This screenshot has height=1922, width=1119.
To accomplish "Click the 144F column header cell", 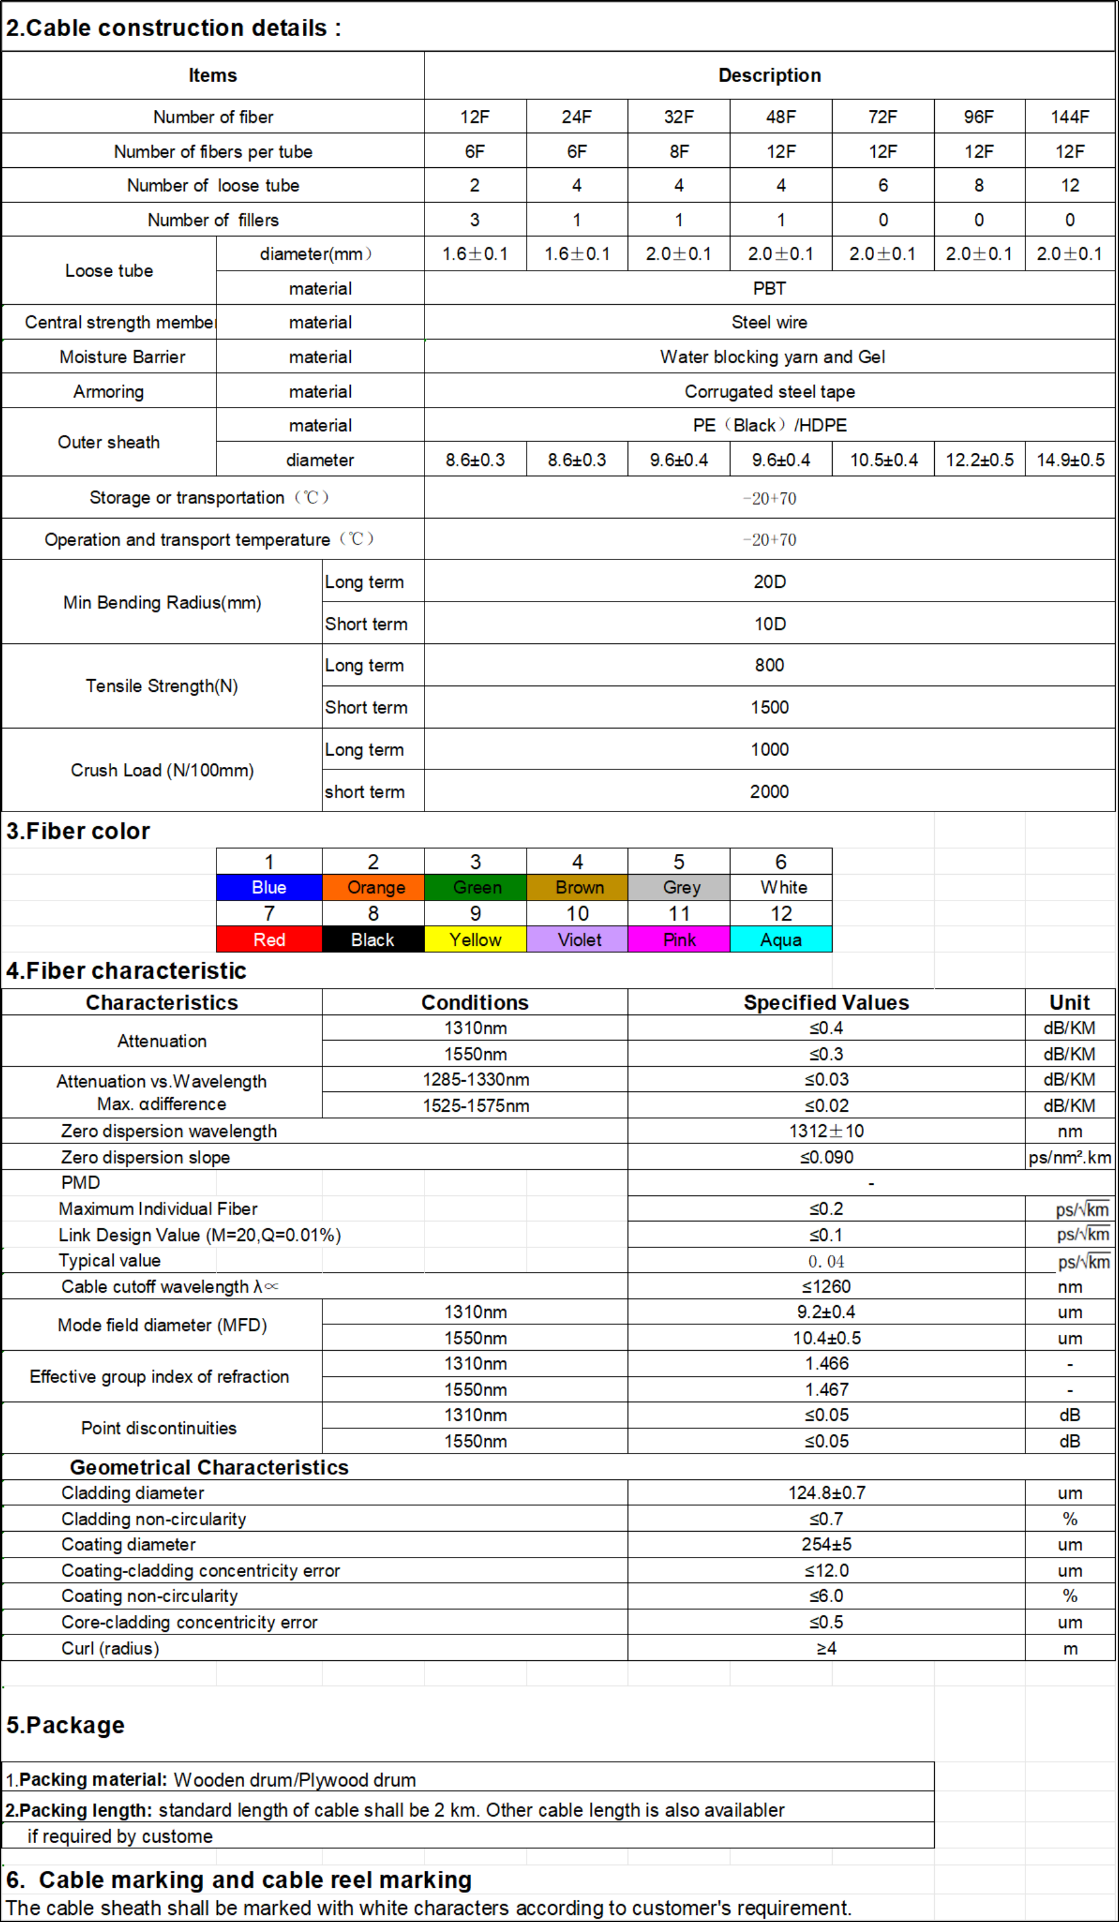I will (1069, 117).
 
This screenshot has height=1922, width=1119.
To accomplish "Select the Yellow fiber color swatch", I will (476, 939).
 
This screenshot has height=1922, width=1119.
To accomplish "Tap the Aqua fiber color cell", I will (780, 939).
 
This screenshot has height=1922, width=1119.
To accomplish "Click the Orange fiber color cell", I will (373, 888).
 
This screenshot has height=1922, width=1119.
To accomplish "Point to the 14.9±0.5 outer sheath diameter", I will (1069, 460).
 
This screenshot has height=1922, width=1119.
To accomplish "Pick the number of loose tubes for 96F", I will (979, 185).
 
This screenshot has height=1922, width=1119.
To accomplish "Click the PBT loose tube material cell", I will (769, 288).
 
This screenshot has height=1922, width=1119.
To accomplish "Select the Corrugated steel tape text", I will (769, 392).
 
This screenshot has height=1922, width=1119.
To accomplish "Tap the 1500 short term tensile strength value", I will (769, 707).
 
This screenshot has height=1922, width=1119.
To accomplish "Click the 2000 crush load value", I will (769, 791).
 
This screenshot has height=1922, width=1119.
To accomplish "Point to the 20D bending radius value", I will (769, 582).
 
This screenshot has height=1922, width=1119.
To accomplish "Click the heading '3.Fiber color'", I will (78, 831).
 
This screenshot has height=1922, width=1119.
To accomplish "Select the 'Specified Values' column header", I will (826, 1002).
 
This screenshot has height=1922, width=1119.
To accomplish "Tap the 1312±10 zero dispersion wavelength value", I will (826, 1131).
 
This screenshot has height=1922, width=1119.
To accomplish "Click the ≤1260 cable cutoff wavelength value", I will (826, 1287).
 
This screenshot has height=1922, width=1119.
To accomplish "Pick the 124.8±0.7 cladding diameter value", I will (826, 1492).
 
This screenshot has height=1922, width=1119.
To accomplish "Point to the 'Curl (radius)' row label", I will (110, 1648).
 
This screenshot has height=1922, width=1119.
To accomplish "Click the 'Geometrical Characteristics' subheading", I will (209, 1467).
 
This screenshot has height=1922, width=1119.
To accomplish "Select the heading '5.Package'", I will (66, 1725).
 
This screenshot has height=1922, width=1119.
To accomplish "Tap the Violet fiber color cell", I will (578, 939).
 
